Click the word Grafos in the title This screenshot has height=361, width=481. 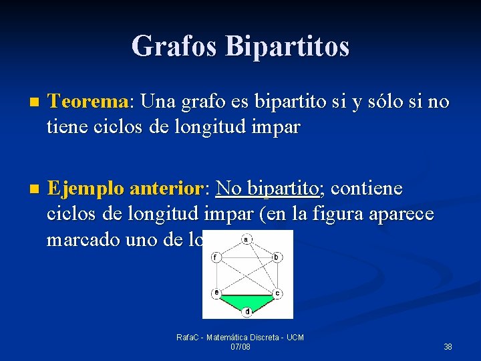click(175, 46)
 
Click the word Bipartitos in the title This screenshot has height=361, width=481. click(287, 46)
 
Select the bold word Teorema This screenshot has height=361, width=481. click(88, 102)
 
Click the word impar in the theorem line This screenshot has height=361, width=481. click(275, 127)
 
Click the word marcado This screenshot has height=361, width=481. click(86, 239)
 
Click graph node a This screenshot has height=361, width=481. click(247, 239)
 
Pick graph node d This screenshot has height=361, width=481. click(247, 311)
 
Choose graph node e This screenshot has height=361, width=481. click(216, 293)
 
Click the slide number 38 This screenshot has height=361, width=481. click(448, 346)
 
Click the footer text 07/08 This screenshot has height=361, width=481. click(240, 347)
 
